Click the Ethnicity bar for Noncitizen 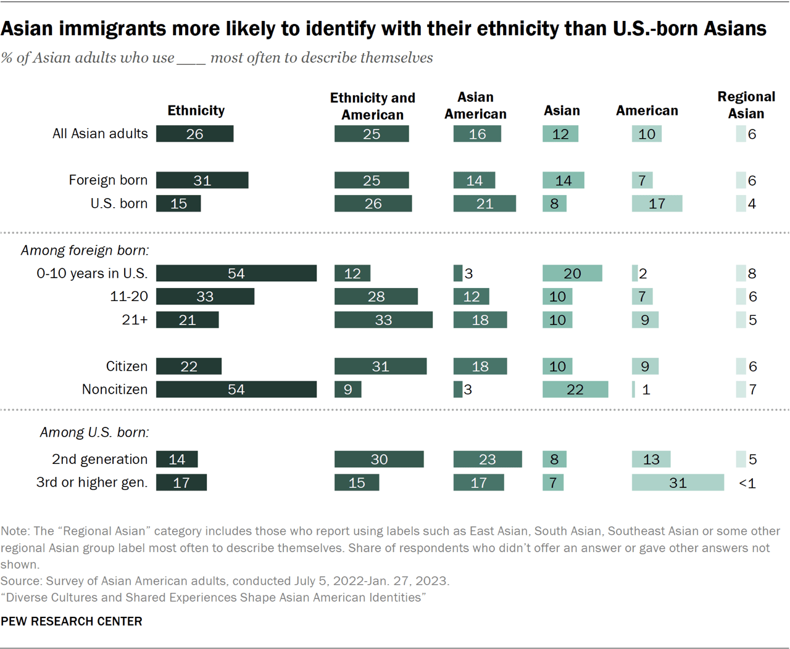(x=236, y=389)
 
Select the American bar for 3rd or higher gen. (x=677, y=482)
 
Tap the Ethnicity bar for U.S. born (x=178, y=204)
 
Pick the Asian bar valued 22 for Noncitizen (x=575, y=389)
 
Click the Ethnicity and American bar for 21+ (x=383, y=320)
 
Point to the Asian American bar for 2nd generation (x=487, y=459)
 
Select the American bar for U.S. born (x=657, y=204)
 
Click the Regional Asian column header (x=746, y=105)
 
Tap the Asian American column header (x=475, y=105)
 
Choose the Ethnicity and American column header (x=372, y=106)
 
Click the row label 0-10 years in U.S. (x=92, y=273)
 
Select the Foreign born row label (x=108, y=180)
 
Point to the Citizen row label (x=127, y=366)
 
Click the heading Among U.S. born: (x=94, y=432)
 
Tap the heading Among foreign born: (x=85, y=250)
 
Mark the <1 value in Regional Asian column (x=747, y=483)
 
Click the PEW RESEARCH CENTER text (x=72, y=621)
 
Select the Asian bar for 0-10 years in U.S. (x=572, y=273)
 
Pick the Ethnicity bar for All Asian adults (x=194, y=134)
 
